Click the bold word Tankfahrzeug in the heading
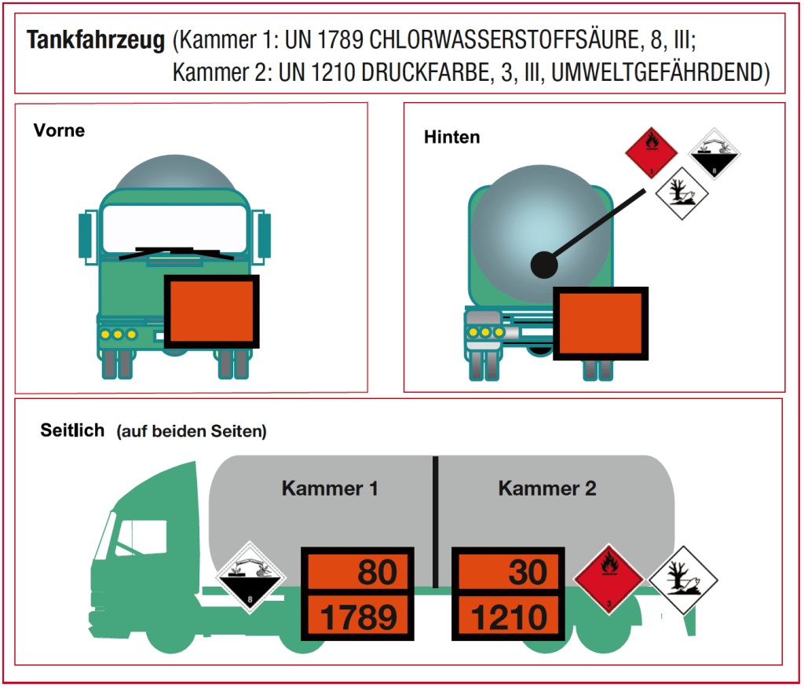pos(96,41)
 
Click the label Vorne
pos(59,130)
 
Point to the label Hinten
pos(451,137)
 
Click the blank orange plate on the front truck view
pos(212,312)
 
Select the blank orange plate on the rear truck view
pos(601,324)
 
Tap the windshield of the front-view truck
pos(175,229)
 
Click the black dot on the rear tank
pos(543,265)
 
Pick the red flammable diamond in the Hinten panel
pos(651,152)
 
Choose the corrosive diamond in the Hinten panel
pos(714,153)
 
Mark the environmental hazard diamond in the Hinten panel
pos(682,193)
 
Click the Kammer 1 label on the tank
pos(330,489)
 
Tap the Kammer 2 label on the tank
pos(547,489)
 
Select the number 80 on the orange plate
pos(378,572)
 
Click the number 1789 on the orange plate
pos(358,617)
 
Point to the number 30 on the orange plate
pos(528,572)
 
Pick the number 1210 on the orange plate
pos(509,617)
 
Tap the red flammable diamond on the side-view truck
pos(608,579)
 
